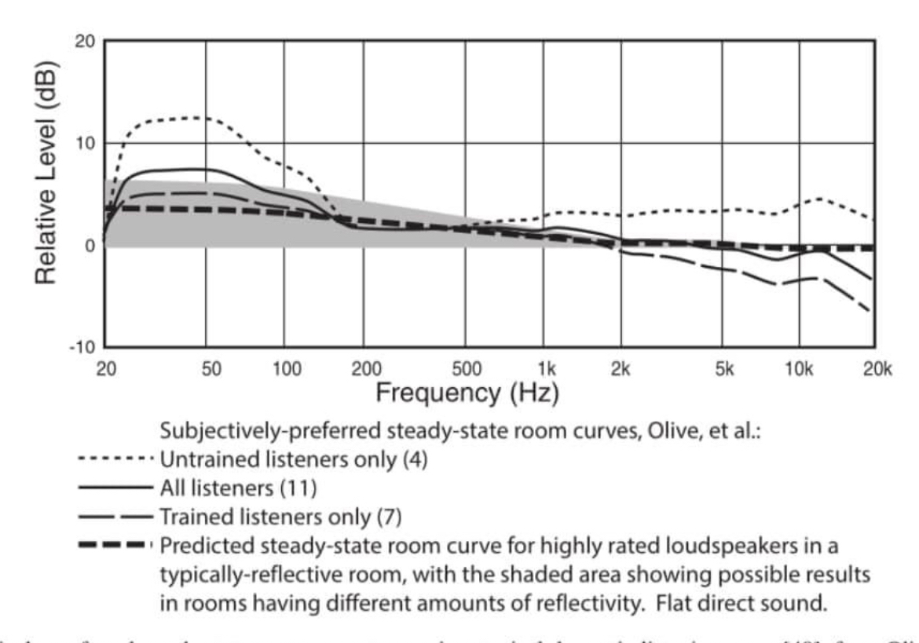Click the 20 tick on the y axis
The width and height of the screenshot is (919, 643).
84,42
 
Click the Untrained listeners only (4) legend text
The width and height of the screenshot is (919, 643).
294,459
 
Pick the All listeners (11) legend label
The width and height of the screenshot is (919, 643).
238,488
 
